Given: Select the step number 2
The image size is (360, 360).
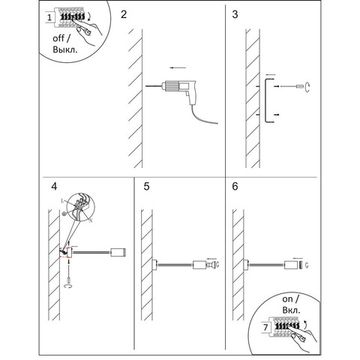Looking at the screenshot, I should (x=124, y=17).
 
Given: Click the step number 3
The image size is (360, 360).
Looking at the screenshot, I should (x=234, y=17).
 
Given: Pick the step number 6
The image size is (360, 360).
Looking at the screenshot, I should (x=235, y=186).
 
